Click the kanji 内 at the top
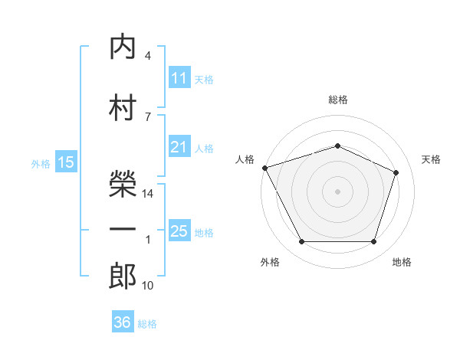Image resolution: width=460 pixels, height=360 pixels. coord(123,47)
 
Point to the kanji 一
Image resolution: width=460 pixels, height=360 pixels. coord(123,228)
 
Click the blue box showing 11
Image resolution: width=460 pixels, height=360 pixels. coord(179,77)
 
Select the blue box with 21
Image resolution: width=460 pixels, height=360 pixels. coord(179,147)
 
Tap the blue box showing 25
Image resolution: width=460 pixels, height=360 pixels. coord(179,231)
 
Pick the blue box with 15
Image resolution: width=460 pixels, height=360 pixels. coord(65,162)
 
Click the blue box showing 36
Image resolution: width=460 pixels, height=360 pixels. coord(123,322)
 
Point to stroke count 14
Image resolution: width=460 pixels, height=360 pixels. coord(149,194)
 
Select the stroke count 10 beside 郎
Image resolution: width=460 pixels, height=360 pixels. coord(148,286)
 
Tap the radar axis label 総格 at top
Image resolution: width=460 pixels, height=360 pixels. coord(337,100)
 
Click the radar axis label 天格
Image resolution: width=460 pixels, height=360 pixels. coord(432,159)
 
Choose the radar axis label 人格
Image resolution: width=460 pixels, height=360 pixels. coord(245,159)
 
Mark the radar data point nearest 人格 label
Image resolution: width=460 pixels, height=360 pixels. coord(264,168)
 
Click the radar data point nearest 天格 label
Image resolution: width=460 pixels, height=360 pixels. coord(396,172)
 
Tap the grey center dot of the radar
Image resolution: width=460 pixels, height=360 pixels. coord(337,191)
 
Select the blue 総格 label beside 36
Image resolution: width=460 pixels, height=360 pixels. coord(147,324)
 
